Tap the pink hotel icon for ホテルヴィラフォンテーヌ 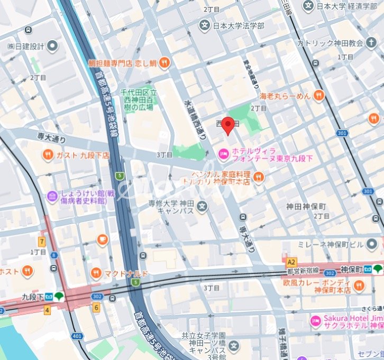(223, 153)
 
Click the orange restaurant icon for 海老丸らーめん (318, 96)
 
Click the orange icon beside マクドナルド (96, 273)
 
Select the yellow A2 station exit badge (290, 262)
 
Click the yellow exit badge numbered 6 (96, 307)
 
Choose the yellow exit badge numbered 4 (47, 310)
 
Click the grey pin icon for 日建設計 (52, 46)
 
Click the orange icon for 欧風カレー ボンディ (359, 286)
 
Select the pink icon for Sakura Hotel (315, 320)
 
